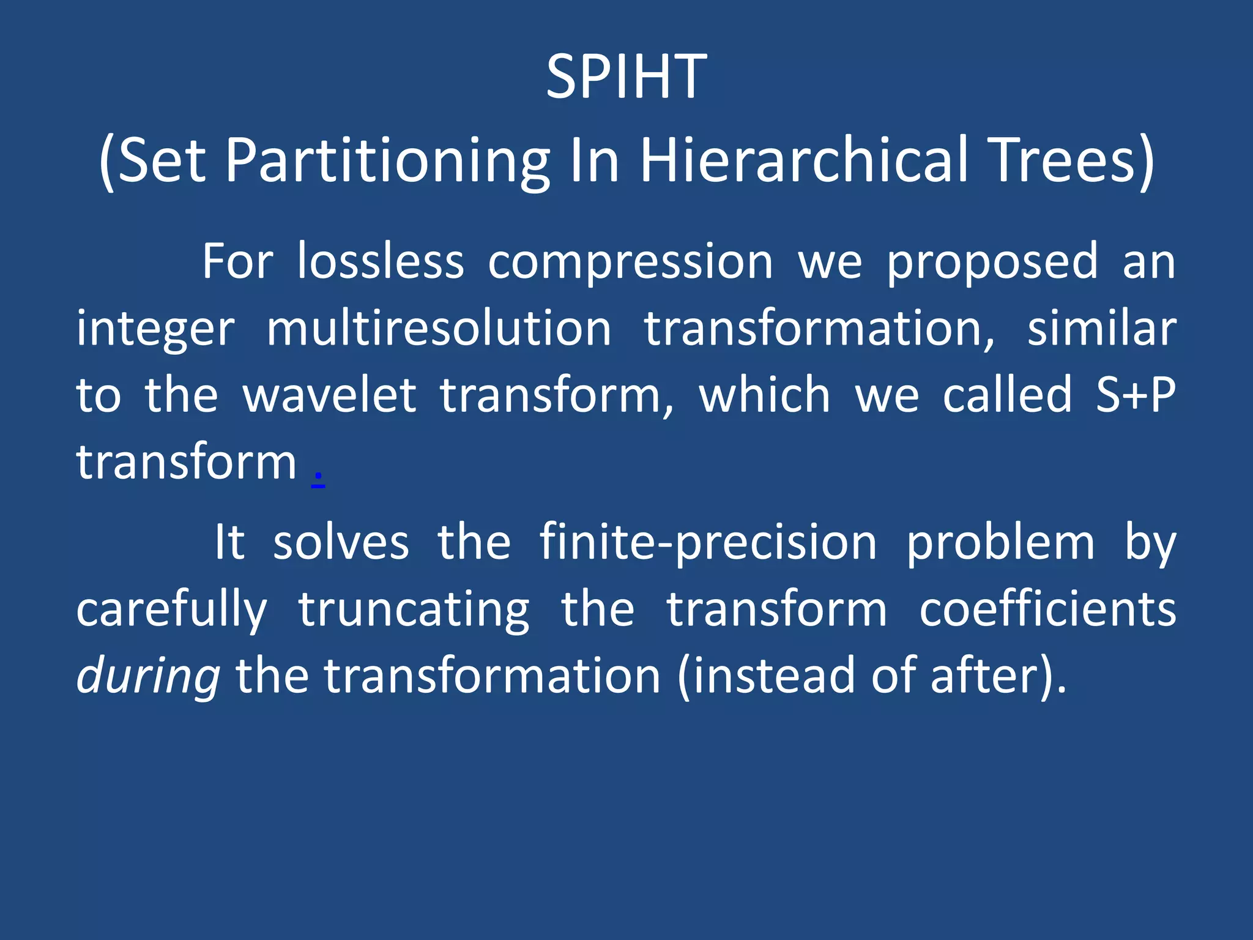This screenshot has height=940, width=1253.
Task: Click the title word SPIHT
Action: pyautogui.click(x=626, y=77)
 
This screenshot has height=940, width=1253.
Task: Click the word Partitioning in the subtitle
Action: pyautogui.click(x=388, y=161)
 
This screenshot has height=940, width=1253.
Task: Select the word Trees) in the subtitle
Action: pyautogui.click(x=1071, y=161)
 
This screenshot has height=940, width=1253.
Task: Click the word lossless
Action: pyautogui.click(x=381, y=262)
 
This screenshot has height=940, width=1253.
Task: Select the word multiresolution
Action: pyautogui.click(x=439, y=329)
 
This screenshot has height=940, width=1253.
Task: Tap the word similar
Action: pyautogui.click(x=1101, y=329)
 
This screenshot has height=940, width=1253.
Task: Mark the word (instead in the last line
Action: pyautogui.click(x=767, y=677)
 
